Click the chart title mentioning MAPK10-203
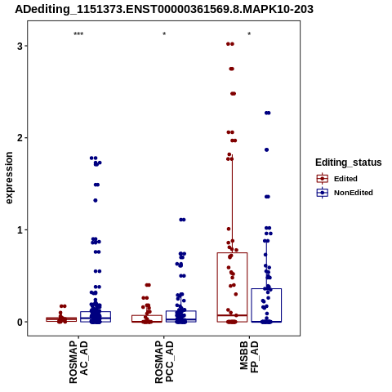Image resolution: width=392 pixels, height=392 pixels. [164, 10]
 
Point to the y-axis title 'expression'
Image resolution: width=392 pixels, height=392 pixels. [9, 178]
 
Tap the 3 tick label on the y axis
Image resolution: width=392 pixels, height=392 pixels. [20, 46]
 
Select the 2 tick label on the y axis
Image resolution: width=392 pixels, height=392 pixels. [20, 138]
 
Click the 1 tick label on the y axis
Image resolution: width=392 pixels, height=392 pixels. [20, 230]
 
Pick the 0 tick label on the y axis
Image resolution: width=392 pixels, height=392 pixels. [20, 322]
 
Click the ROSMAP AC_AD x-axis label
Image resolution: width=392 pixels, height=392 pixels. [78, 362]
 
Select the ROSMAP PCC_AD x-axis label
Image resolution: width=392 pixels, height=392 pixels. [164, 362]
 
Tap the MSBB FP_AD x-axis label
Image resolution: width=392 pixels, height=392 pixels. [249, 358]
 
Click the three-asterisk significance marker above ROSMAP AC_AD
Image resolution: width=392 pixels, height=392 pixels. [78, 34]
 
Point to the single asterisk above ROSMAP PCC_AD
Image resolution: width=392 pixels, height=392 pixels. [164, 34]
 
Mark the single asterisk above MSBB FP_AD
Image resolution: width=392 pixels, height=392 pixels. [249, 34]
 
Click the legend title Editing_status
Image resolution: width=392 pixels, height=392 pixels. [349, 163]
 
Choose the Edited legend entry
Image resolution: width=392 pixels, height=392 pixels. [337, 179]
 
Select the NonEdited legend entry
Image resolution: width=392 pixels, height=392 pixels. [345, 193]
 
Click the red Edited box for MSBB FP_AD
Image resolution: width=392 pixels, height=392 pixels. [232, 253]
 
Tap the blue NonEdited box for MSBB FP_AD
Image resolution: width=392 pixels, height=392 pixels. [266, 289]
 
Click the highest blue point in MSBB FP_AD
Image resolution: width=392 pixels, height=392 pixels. [268, 113]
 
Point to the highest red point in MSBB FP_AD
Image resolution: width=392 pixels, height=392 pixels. [230, 44]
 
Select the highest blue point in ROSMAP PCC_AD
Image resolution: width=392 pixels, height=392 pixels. [182, 220]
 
